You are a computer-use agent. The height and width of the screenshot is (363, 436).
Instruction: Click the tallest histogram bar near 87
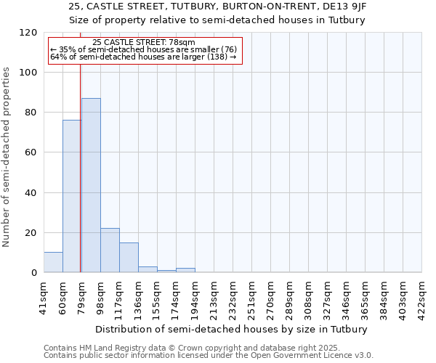91,185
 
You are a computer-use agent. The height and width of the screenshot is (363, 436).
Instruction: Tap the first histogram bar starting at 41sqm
53,262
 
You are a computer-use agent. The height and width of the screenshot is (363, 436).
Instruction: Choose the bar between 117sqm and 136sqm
129,258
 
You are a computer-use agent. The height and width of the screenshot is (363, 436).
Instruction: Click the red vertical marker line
80,167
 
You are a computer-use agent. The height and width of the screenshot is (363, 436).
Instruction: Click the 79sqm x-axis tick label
81,292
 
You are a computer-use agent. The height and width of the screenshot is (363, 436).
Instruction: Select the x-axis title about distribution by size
232,330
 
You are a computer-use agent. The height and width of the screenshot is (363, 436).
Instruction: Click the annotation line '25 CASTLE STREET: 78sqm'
144,43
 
